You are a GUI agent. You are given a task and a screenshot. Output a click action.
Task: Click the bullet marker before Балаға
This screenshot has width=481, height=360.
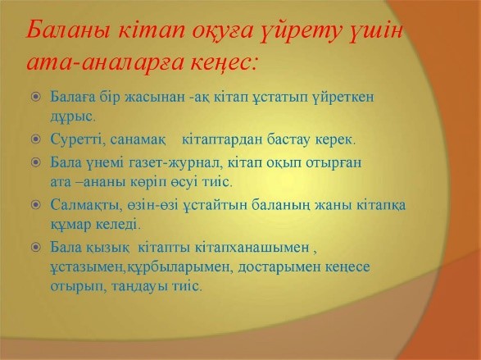point(36,98)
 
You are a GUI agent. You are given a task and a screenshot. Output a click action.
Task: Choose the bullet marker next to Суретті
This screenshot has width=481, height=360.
point(36,139)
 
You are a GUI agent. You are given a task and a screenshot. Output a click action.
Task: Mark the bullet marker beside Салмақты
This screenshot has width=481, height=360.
point(36,205)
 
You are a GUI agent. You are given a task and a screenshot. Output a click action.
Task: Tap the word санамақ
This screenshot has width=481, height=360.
point(138,140)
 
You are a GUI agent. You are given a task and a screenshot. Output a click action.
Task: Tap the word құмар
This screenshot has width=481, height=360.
point(70,225)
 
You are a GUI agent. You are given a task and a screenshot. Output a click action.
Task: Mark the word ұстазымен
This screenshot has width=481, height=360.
point(87,267)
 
